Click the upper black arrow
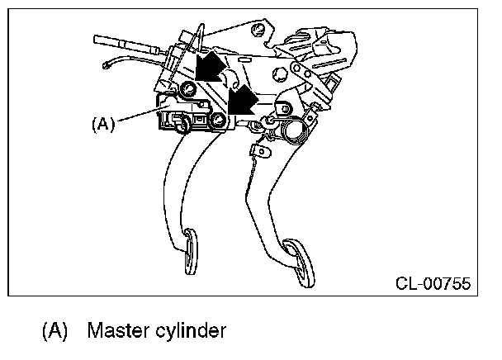pyautogui.click(x=213, y=66)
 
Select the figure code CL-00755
pyautogui.click(x=433, y=284)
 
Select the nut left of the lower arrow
pyautogui.click(x=218, y=122)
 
